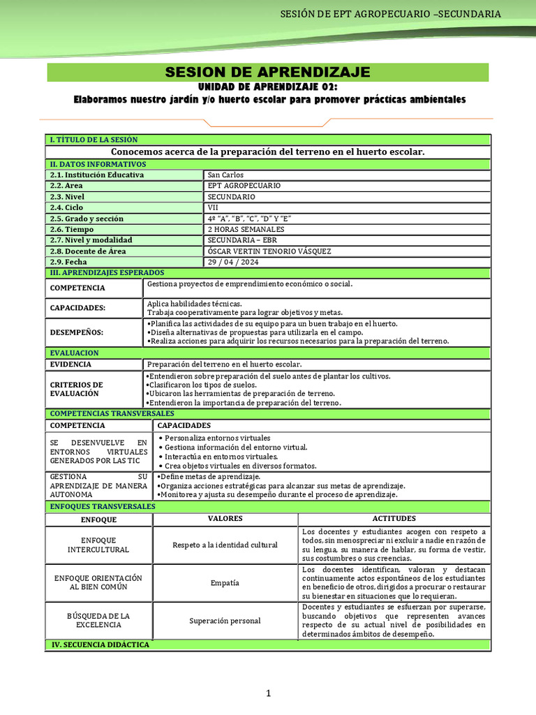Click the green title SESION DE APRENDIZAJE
pos(268,73)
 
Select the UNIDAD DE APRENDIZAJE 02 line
pos(268,87)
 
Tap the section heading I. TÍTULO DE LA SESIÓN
pos(94,140)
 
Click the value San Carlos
pos(226,175)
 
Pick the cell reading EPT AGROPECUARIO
pos(244,186)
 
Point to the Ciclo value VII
pos(214,207)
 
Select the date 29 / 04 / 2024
pos(233,262)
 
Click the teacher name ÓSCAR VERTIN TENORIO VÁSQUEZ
pos(269,251)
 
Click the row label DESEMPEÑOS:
pos(77,332)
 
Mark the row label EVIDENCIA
pos(71,364)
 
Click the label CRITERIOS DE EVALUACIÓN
pos(77,389)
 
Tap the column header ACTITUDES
pos(394,519)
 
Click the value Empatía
pos(225,582)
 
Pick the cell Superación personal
pos(225,621)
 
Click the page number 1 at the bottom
pos(267,693)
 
